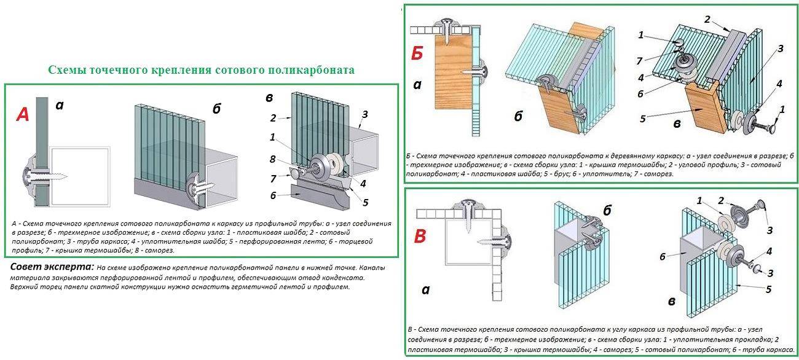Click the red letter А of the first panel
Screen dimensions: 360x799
23,115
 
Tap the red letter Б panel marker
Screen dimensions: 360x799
418,55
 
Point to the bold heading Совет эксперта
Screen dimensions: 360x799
52,268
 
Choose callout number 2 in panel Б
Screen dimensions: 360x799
707,20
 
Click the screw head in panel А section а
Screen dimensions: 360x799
29,176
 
